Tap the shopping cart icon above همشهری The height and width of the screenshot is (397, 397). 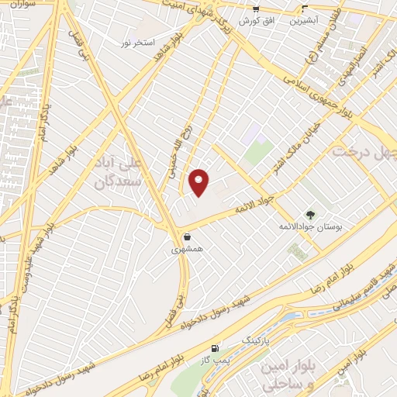186,236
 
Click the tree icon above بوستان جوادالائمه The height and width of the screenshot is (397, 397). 310,214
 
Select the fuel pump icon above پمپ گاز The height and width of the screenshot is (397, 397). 214,350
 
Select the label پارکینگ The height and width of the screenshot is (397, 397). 259,340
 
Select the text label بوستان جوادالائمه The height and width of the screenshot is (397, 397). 310,226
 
